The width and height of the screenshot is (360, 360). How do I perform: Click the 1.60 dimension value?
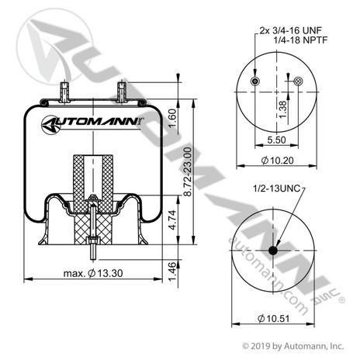click(172, 119)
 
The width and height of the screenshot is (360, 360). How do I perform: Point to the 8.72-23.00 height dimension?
click(187, 171)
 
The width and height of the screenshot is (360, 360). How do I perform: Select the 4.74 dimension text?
click(172, 220)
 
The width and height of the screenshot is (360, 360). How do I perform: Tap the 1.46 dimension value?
click(172, 272)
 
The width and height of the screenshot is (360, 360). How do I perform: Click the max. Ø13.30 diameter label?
click(93, 273)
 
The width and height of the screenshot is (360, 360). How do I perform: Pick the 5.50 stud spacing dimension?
click(276, 140)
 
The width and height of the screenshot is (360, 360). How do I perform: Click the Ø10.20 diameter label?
click(278, 161)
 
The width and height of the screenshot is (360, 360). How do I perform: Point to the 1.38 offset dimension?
click(283, 109)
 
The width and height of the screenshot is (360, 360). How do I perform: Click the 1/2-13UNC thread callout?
click(276, 189)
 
